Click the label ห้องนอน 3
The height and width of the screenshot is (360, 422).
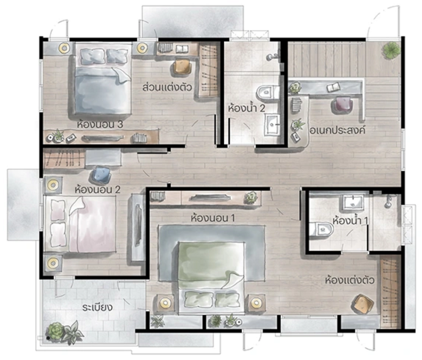point(100,125)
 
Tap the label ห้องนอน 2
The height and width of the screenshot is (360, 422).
point(98,190)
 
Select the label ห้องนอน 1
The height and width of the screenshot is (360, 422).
point(213,218)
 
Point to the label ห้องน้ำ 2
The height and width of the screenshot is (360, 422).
point(246,108)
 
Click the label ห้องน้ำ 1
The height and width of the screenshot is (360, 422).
point(350,221)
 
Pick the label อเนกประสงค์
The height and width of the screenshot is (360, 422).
point(338,130)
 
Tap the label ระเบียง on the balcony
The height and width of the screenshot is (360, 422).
point(98,307)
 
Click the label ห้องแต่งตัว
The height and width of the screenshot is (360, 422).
point(350,280)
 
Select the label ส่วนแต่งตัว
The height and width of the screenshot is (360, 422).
point(167,87)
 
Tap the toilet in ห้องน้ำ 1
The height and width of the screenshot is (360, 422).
point(321,230)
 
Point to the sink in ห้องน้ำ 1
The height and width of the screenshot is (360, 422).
point(353,203)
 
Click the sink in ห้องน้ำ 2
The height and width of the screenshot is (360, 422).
point(272,125)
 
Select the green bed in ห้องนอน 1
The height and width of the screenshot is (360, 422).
point(212,277)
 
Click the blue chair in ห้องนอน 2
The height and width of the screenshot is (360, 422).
point(101,175)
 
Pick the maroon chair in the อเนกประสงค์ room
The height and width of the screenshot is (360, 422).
point(342,105)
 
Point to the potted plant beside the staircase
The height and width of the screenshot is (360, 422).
point(391,50)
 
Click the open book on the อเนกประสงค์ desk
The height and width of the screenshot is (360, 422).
point(334,88)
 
